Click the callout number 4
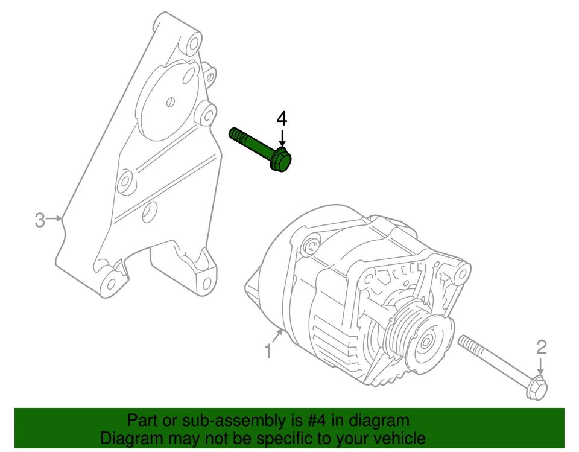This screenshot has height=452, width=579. pos(282,119)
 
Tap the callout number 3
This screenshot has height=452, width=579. pos(40,220)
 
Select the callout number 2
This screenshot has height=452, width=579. pos(542,346)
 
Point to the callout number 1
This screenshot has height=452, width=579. pos(268,351)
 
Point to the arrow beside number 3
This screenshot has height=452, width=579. pos(55,219)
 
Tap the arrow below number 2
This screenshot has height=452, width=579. pos(541,366)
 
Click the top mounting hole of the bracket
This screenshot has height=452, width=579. pos(194,43)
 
